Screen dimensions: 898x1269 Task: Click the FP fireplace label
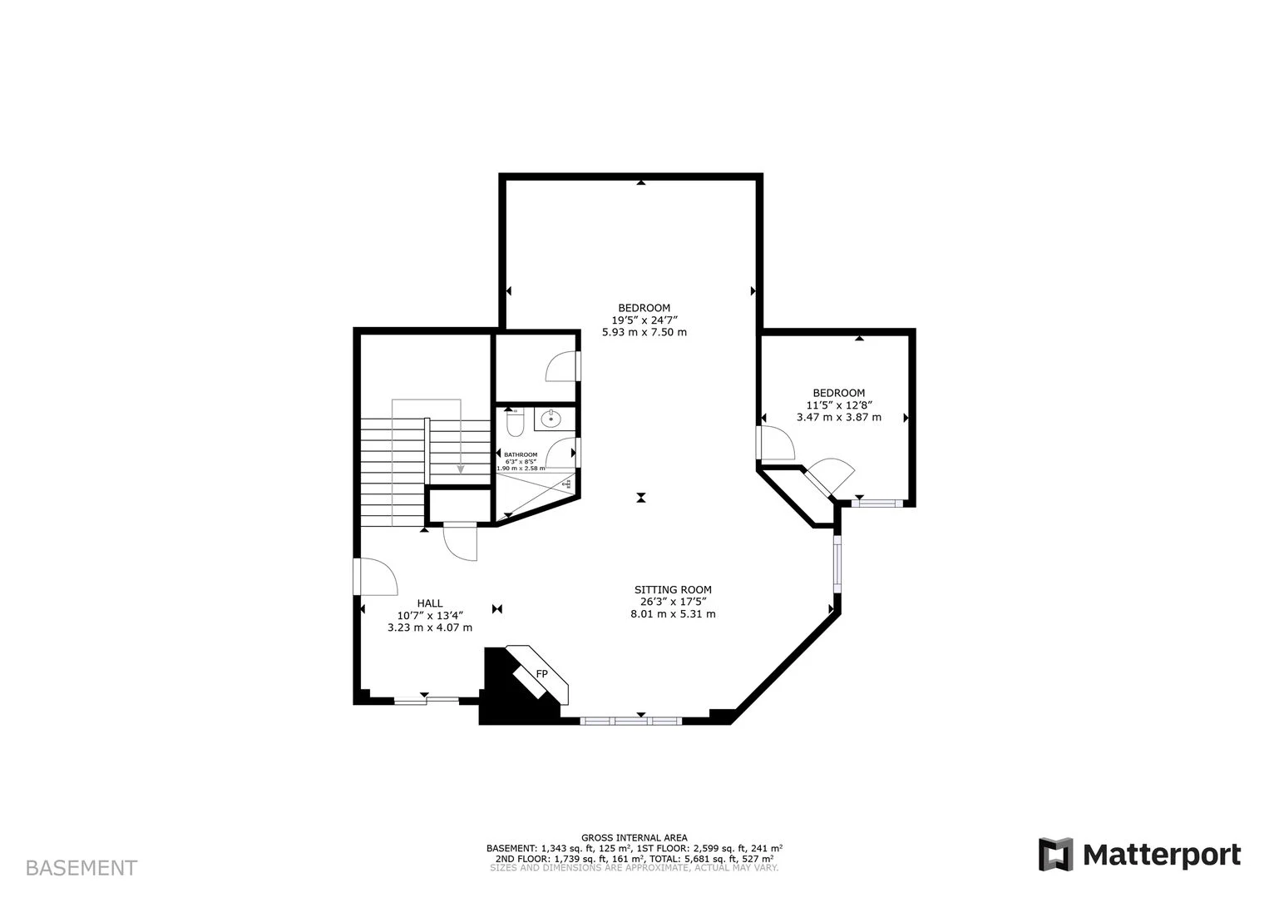pos(541,673)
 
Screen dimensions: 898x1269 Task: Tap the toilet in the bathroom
pos(515,424)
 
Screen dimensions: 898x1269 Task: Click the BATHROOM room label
pos(521,454)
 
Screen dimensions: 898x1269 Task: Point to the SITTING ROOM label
pos(673,589)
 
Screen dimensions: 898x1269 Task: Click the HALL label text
pos(430,603)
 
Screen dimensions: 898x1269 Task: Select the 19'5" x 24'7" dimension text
pos(644,320)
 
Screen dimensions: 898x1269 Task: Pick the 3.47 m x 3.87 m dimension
pos(838,417)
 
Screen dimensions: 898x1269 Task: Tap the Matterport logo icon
pos(1056,855)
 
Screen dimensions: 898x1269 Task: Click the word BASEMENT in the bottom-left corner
pos(81,868)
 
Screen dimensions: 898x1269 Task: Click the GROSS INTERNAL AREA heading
pos(634,838)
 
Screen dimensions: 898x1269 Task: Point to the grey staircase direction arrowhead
pos(461,470)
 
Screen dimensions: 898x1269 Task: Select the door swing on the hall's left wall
pos(376,578)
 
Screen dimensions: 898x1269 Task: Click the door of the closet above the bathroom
pos(562,366)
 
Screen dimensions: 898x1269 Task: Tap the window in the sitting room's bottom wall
pos(631,720)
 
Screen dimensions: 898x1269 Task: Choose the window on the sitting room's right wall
pos(837,564)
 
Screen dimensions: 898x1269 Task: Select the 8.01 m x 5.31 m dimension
pos(673,614)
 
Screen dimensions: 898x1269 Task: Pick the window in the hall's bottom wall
pos(426,701)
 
